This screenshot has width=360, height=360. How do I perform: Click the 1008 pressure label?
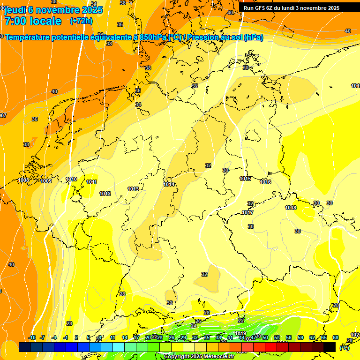point(23,180)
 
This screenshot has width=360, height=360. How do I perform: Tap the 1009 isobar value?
point(46,181)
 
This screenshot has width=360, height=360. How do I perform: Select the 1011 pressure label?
point(92,182)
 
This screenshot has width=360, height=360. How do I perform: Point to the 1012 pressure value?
point(105,194)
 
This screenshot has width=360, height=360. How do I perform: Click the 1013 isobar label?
point(133,189)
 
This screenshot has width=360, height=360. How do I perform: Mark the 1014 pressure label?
point(169,184)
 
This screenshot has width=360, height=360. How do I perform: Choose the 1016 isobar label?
point(265,182)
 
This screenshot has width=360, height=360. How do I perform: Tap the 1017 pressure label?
point(247,212)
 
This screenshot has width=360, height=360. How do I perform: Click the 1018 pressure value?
point(291,208)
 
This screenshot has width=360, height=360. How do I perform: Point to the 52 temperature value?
point(195,86)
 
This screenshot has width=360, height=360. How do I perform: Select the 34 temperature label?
point(138,105)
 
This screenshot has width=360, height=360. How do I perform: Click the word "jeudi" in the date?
point(15,10)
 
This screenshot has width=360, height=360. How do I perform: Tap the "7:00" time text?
point(17,21)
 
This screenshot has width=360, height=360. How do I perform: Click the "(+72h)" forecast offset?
point(81,21)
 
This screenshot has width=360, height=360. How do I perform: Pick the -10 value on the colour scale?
point(32,337)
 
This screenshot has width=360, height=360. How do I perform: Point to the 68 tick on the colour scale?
point(336,337)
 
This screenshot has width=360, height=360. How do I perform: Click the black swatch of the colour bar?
point(330,347)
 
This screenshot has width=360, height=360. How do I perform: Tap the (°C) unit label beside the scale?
point(344,348)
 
